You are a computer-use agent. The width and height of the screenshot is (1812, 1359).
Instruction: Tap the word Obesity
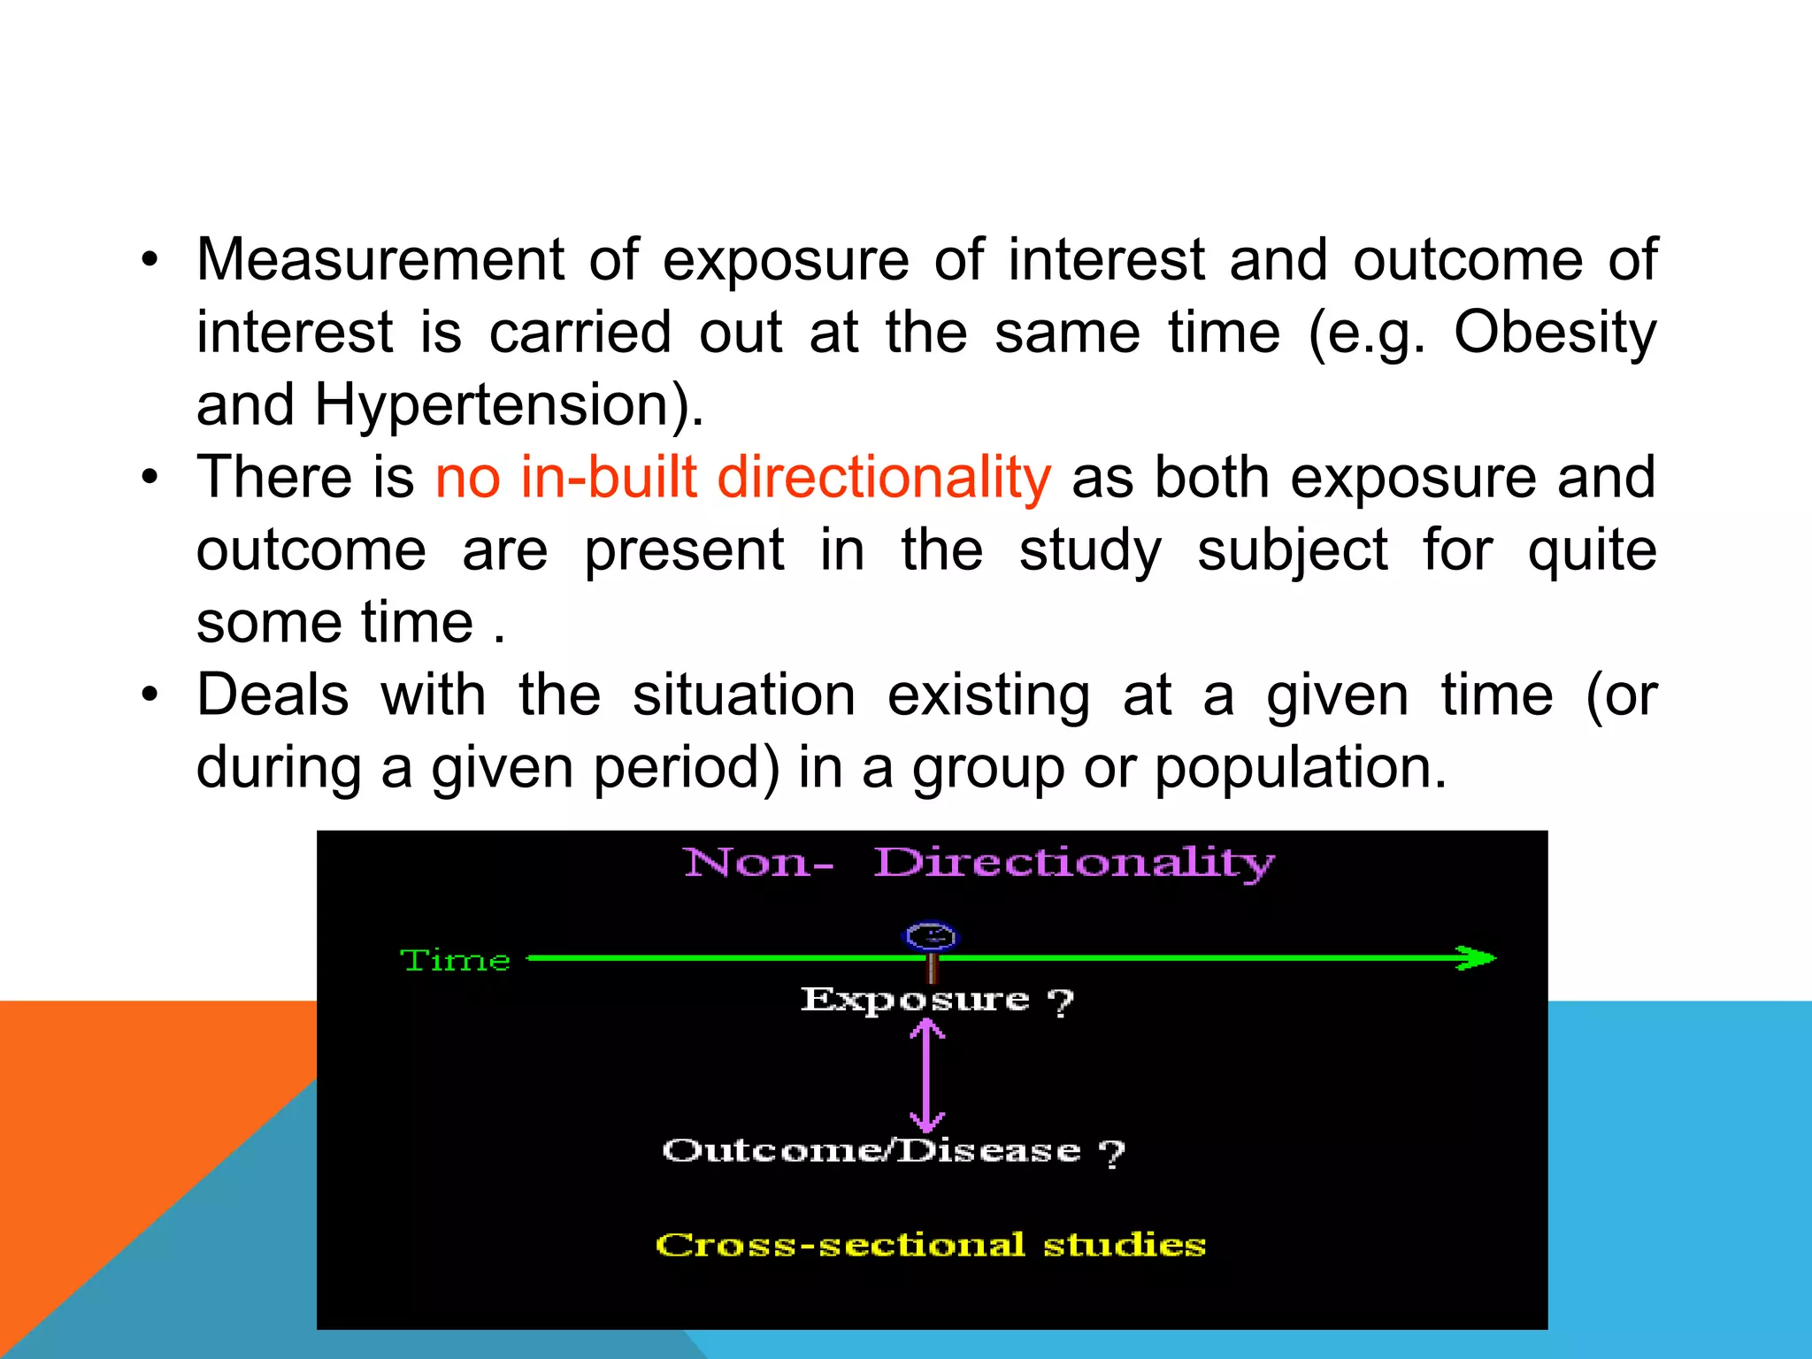1555,334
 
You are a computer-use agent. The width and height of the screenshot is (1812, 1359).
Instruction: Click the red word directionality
883,478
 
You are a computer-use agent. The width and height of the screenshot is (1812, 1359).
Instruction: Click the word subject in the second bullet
1292,551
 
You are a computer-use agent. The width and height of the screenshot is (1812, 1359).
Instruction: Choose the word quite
1592,551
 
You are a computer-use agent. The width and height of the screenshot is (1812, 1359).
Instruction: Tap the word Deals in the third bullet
273,695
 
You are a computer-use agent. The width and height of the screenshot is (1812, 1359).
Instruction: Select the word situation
743,695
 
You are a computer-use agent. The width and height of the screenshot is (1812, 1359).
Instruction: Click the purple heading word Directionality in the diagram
1074,863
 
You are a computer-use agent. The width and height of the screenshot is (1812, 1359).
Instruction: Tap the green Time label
456,960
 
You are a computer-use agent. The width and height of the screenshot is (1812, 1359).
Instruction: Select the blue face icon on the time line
931,936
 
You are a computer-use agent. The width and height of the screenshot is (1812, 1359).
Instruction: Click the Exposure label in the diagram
915,1000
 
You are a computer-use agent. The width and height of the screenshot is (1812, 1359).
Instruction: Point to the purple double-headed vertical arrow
926,1075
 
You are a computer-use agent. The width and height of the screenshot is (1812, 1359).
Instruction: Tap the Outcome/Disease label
871,1150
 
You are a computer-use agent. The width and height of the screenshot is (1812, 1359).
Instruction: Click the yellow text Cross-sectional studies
931,1245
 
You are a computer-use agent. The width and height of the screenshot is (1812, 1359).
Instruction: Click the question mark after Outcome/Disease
1111,1153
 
